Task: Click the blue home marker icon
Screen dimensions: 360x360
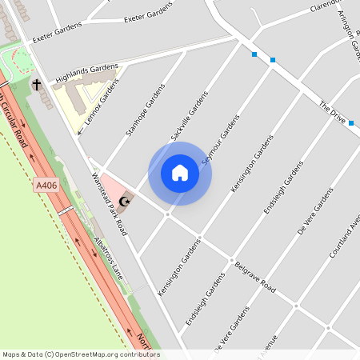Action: pos(180,173)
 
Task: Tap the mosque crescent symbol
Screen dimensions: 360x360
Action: pos(123,200)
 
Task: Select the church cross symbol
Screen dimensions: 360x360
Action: pos(37,84)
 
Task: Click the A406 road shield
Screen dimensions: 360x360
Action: pos(46,186)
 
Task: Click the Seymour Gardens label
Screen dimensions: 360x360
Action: pos(221,140)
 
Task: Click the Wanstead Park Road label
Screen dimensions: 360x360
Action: pos(110,203)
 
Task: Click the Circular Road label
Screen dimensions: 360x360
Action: pos(18,120)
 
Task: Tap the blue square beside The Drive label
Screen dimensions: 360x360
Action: pos(351,123)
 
